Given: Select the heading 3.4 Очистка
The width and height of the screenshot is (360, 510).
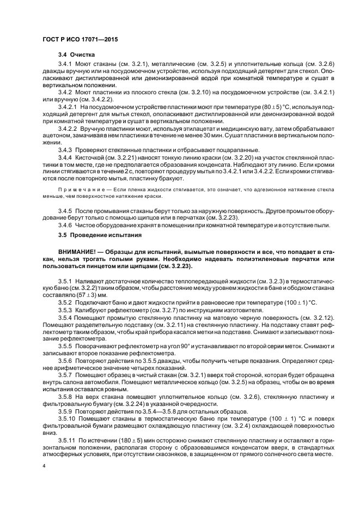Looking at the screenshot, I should point(77,55).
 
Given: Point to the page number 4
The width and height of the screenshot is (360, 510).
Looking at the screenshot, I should point(44,466).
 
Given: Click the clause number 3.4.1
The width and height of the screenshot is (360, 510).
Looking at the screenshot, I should point(65,64).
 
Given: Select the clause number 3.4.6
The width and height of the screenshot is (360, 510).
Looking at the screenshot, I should point(65,225).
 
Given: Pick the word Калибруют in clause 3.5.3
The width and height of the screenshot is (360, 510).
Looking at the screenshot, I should point(90,309).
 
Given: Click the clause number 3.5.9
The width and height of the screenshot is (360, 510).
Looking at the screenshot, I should point(65,410).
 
